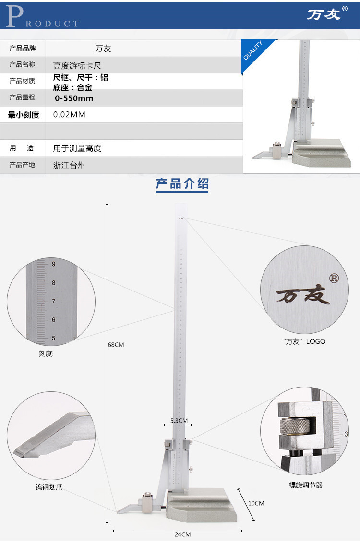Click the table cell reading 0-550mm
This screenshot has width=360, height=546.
[x=74, y=98]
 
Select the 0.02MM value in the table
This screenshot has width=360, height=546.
[x=69, y=115]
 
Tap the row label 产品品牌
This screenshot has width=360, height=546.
[x=23, y=48]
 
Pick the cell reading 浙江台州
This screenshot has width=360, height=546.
[x=69, y=165]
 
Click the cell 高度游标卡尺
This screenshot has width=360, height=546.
[x=77, y=65]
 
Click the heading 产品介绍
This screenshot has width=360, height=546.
[x=182, y=183]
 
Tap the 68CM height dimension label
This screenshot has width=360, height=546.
[x=116, y=345]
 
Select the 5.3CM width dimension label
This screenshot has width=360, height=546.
[x=179, y=421]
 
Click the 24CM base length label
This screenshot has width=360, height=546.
[x=182, y=534]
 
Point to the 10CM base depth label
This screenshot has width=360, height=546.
[x=256, y=503]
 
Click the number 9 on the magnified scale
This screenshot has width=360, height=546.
[x=54, y=264]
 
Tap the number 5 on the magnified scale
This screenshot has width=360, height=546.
[x=54, y=338]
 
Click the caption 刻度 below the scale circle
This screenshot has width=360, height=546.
[x=46, y=354]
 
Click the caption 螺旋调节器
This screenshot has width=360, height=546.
[x=306, y=485]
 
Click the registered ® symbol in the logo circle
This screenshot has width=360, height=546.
[x=334, y=278]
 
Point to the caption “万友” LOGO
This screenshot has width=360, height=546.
[x=304, y=341]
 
